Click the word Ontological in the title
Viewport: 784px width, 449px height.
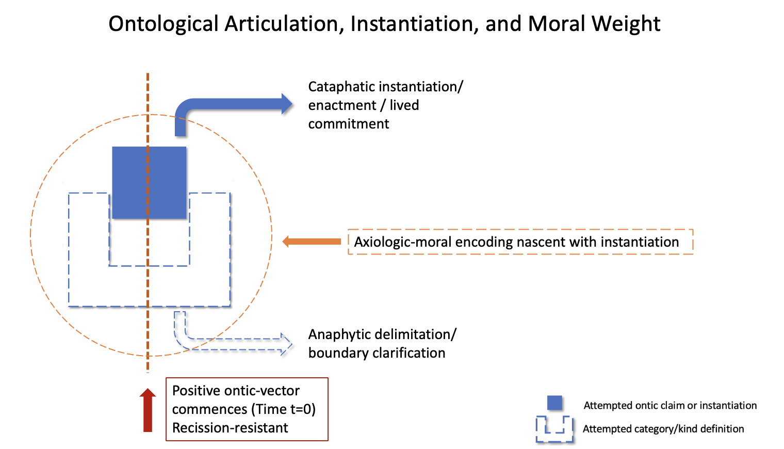(x=164, y=24)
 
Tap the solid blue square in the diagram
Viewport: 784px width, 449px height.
(x=149, y=182)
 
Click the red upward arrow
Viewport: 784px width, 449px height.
(x=148, y=410)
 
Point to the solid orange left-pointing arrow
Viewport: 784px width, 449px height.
(x=312, y=241)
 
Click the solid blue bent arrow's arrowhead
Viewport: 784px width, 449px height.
(x=286, y=104)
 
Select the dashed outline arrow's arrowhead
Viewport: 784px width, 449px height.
(x=285, y=344)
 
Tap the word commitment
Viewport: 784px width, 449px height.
(x=349, y=124)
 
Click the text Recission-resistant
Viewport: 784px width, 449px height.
(x=230, y=428)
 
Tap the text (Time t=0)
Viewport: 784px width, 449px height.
(x=283, y=409)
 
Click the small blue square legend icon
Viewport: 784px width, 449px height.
(x=554, y=403)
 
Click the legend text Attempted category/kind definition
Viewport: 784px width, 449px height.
(x=663, y=429)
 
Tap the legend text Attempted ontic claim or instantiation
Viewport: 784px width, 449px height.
(x=670, y=406)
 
